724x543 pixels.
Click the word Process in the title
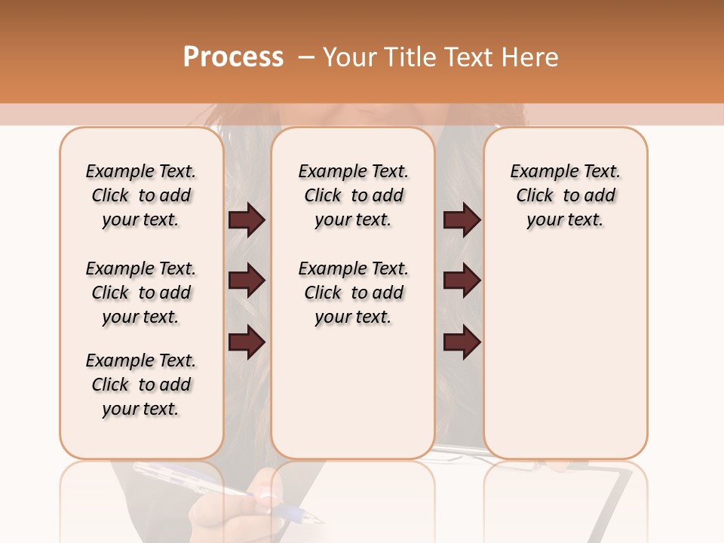[233, 57]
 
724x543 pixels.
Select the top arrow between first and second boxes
[247, 220]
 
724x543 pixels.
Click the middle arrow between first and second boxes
[247, 281]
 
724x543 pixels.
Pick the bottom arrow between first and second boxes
[247, 342]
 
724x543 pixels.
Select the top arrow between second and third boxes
[462, 220]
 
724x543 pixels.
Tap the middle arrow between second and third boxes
[462, 281]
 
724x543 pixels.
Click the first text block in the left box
[141, 195]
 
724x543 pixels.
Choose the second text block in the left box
[141, 293]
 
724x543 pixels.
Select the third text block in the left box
[141, 385]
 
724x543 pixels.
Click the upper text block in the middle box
[354, 195]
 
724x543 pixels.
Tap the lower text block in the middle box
[354, 293]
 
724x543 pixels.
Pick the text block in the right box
[566, 195]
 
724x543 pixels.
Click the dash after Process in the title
[306, 57]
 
